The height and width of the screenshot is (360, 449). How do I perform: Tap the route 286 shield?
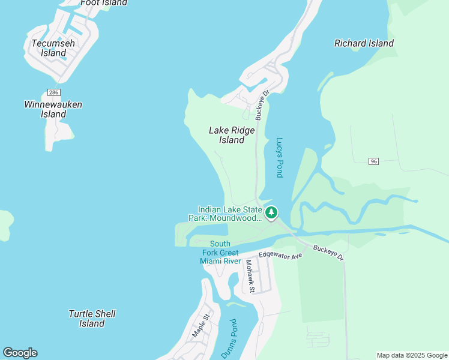(53, 92)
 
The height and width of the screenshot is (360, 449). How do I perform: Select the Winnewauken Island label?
(53, 109)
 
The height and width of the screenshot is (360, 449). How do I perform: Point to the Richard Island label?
(364, 43)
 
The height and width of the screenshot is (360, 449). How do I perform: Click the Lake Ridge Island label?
(232, 135)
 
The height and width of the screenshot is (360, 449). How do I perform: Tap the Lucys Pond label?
(279, 158)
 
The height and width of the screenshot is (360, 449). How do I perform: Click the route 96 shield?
(374, 161)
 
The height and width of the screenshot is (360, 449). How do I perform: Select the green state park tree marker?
(271, 212)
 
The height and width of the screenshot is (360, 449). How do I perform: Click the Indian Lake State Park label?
(231, 214)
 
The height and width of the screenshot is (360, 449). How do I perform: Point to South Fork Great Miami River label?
(221, 253)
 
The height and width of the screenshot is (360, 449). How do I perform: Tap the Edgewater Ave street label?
(280, 254)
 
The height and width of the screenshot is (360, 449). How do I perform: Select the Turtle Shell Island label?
(92, 319)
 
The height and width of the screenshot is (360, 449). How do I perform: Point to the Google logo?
(20, 353)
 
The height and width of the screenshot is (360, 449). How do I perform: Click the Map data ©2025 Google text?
(412, 355)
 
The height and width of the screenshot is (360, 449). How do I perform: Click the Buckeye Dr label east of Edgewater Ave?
(328, 253)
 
